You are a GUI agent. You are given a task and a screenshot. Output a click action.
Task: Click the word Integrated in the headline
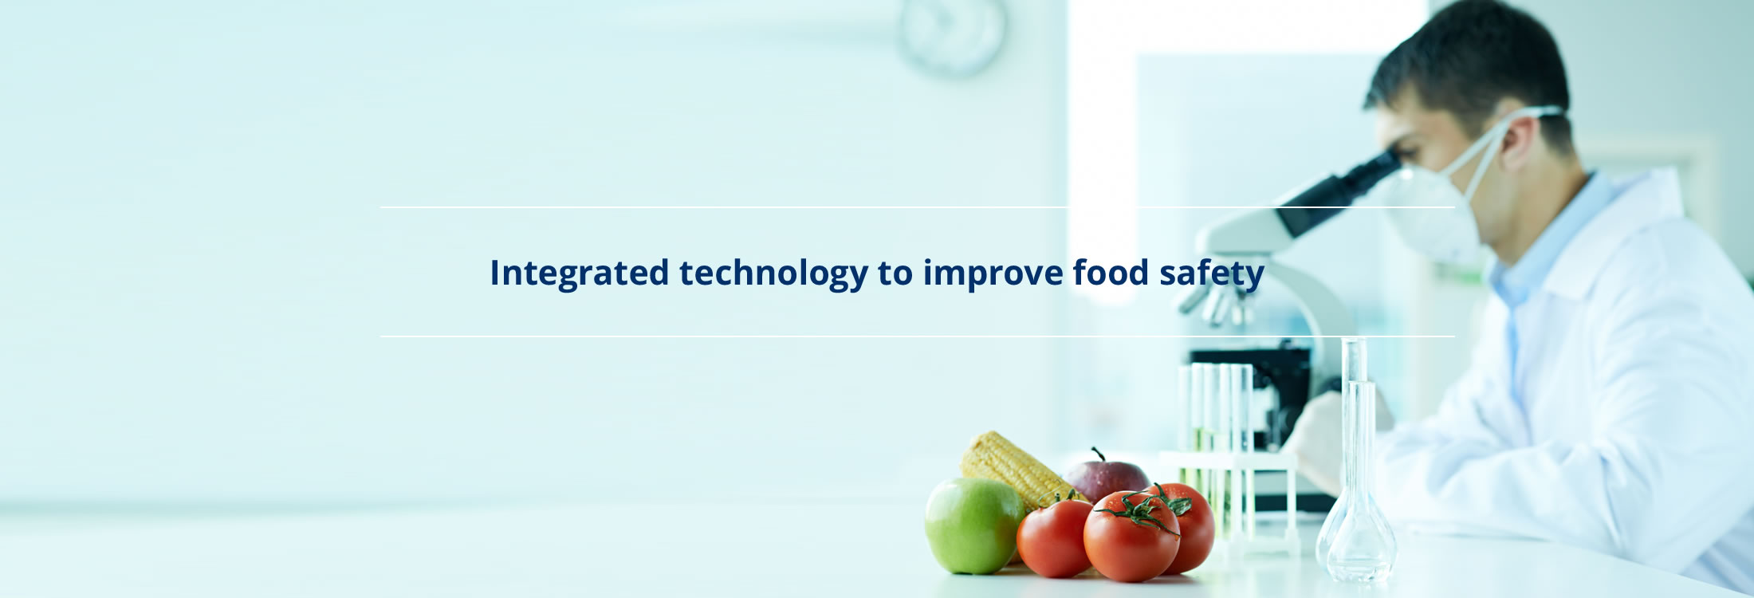pos(579,273)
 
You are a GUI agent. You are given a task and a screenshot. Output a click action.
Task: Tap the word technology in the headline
pos(773,273)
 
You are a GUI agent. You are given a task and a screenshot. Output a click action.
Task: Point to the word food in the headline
pos(1111,272)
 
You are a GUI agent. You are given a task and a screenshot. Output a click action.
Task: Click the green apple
pos(973,525)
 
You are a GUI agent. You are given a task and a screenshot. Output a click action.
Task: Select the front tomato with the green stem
pos(1131,536)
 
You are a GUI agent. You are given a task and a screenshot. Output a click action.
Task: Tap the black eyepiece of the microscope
pos(1339,192)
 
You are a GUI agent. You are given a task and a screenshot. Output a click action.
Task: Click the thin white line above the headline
pos(918,207)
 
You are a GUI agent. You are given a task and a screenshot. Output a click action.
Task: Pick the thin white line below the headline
pos(918,336)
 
